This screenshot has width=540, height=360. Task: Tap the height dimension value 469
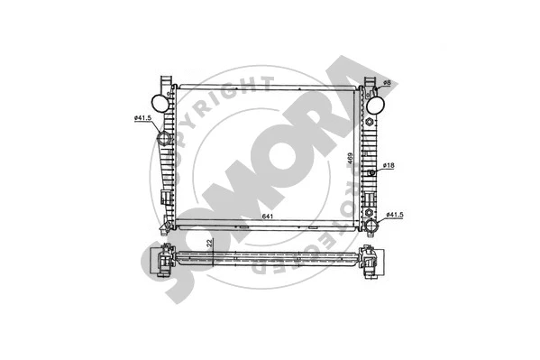pyautogui.click(x=349, y=159)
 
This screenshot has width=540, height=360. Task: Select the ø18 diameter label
pyautogui.click(x=388, y=166)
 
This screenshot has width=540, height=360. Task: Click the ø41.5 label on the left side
pyautogui.click(x=141, y=117)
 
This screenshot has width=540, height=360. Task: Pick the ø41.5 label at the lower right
pyautogui.click(x=393, y=215)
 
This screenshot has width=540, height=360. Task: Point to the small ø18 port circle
pyautogui.click(x=370, y=171)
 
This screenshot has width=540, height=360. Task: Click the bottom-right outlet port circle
pyautogui.click(x=371, y=216)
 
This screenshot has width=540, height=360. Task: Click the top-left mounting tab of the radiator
pyautogui.click(x=164, y=82)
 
